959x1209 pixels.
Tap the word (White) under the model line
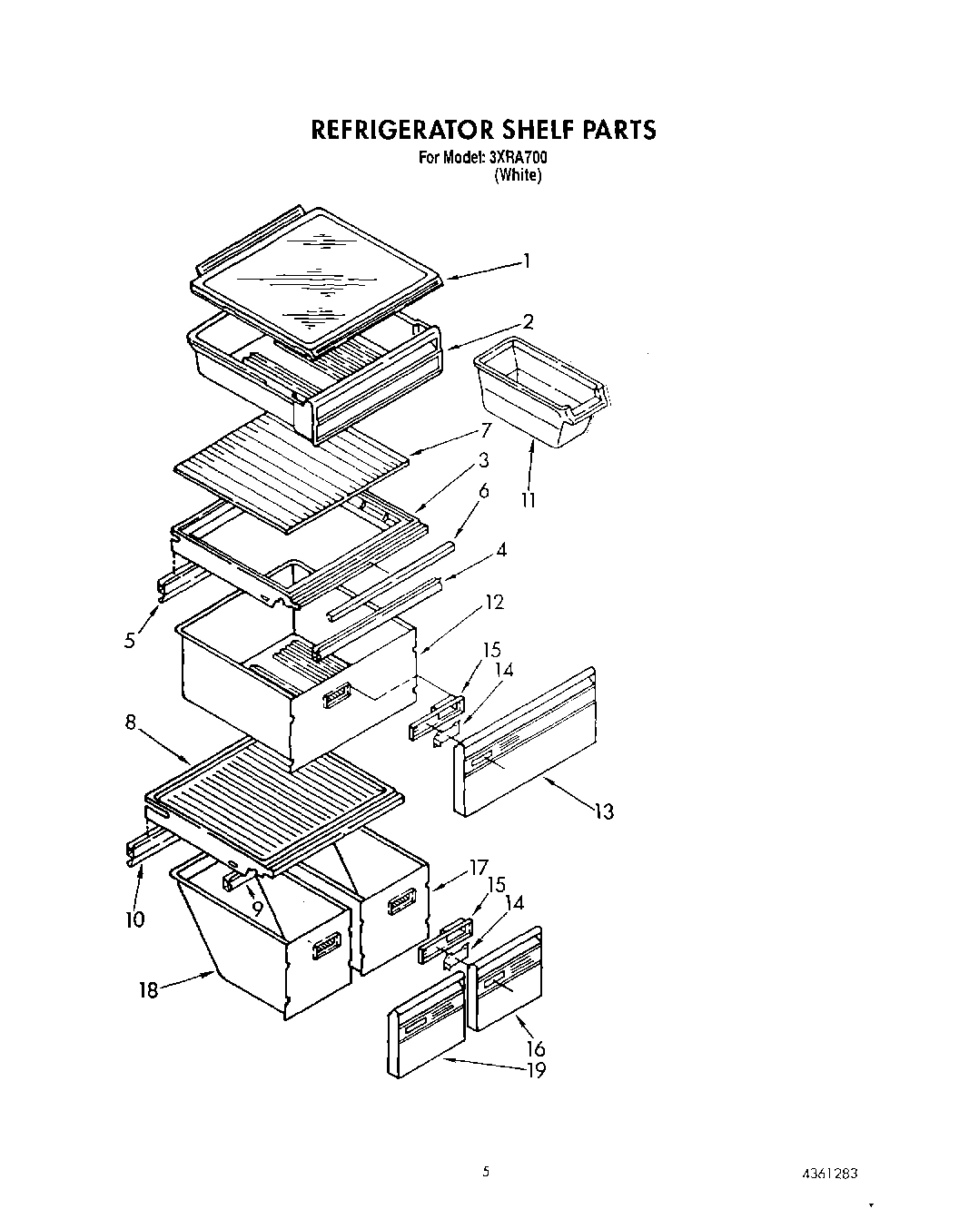point(518,176)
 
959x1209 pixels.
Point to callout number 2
point(528,320)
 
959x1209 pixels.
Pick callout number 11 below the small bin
point(528,499)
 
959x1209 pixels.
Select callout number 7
point(486,429)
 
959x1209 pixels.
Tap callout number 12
point(494,602)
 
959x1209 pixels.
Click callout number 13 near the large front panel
point(604,811)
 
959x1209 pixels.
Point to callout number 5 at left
point(131,641)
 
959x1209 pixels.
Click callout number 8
point(131,723)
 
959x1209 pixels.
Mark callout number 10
point(135,919)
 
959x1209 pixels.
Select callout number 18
point(148,990)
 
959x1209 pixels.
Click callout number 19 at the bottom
point(536,1071)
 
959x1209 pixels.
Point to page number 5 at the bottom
point(486,1172)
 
